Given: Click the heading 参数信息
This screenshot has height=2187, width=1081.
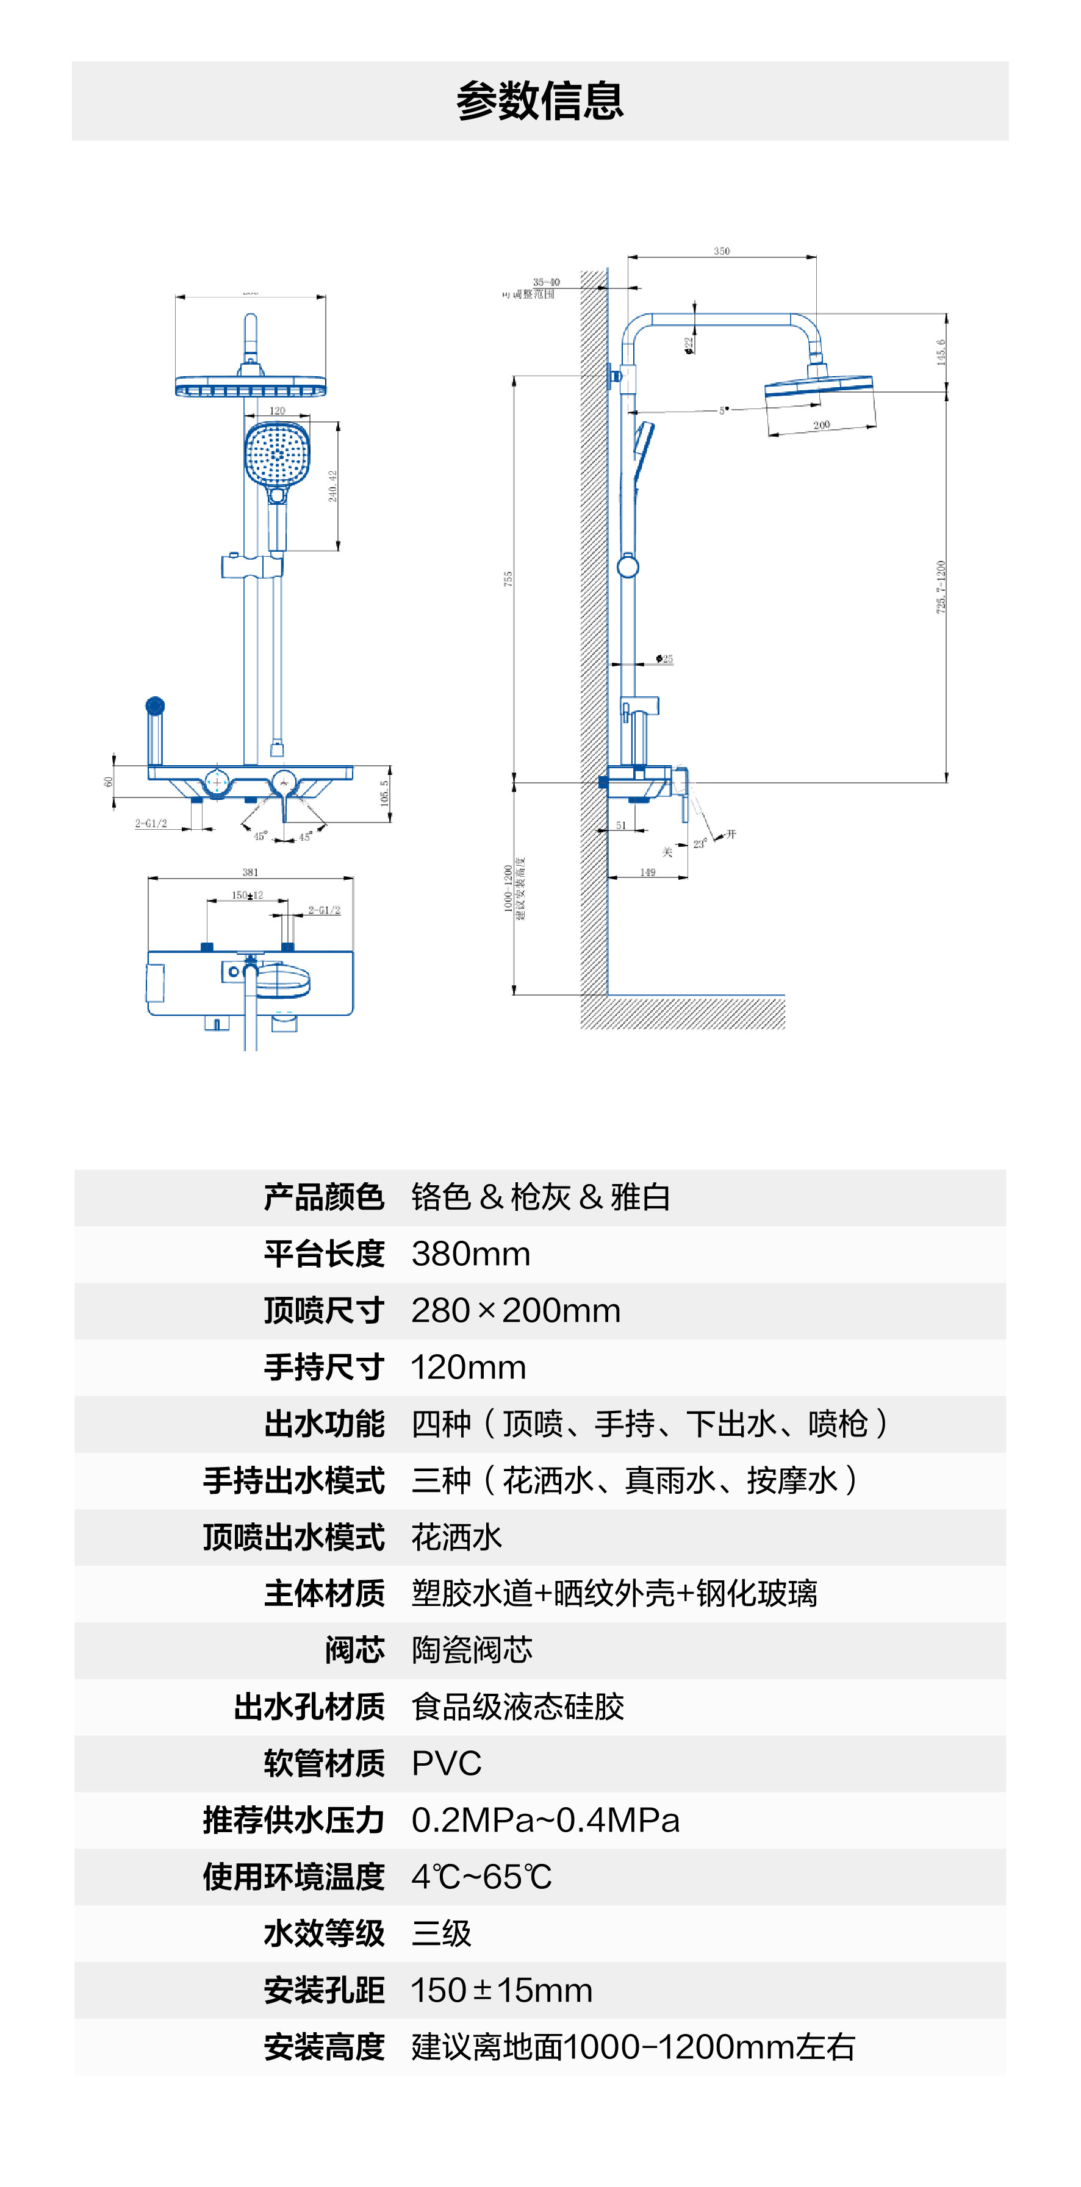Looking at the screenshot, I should (x=540, y=101).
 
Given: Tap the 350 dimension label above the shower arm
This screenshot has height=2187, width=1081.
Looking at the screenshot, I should (x=721, y=251).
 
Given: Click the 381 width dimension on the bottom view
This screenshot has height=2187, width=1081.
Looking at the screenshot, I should (x=250, y=872).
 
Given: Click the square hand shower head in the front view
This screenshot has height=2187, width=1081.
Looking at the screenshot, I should (x=277, y=454).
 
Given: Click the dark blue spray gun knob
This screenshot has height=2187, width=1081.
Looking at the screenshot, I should (x=154, y=705).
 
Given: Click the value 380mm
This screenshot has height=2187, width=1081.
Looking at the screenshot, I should (x=470, y=1254).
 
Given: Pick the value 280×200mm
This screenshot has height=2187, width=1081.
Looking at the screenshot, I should (x=515, y=1311).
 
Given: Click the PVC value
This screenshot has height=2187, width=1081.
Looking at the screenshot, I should (x=446, y=1763).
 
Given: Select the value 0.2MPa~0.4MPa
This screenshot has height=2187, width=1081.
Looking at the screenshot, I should (x=545, y=1820).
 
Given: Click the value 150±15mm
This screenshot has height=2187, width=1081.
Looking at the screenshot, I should (x=501, y=1990).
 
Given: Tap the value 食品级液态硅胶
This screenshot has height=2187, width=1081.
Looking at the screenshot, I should (x=517, y=1707).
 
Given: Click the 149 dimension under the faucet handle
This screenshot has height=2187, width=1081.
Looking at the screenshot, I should (x=647, y=872).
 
